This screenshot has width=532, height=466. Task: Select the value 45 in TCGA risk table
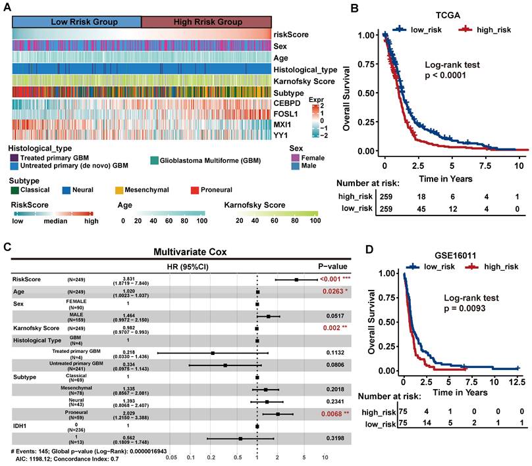coord(419,210)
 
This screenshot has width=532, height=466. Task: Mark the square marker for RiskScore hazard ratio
coord(297,279)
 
